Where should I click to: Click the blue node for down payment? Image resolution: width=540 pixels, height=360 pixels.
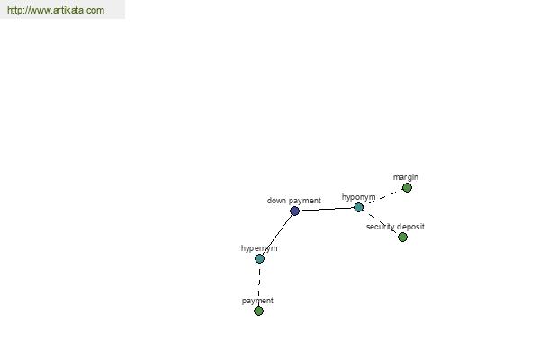(x=294, y=211)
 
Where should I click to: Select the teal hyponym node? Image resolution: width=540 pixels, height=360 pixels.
(x=358, y=207)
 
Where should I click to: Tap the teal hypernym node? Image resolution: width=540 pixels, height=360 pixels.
(x=259, y=258)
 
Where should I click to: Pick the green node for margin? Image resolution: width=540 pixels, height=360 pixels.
(x=407, y=187)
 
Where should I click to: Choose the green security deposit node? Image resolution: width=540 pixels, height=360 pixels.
(x=402, y=237)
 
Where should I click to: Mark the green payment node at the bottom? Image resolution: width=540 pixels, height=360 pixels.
(x=258, y=310)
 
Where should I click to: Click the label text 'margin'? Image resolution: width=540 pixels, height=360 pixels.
(x=406, y=177)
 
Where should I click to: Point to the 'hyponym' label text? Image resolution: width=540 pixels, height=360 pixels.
(x=358, y=196)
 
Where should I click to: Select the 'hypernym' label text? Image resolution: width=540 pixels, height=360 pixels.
(x=259, y=247)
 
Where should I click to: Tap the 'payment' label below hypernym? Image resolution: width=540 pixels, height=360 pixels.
(x=257, y=300)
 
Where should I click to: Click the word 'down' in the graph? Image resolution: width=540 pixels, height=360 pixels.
(x=277, y=201)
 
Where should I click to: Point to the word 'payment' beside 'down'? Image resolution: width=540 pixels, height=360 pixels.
(x=305, y=201)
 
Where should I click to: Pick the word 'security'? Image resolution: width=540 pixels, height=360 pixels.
(x=382, y=227)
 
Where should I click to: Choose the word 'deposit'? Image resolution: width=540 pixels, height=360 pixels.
(x=410, y=227)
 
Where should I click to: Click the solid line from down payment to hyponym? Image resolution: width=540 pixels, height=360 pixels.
(x=326, y=209)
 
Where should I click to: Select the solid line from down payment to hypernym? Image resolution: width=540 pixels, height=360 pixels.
(x=277, y=234)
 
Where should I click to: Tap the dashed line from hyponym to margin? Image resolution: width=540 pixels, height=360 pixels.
(x=382, y=197)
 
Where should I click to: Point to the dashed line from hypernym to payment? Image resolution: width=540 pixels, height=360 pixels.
(x=259, y=284)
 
